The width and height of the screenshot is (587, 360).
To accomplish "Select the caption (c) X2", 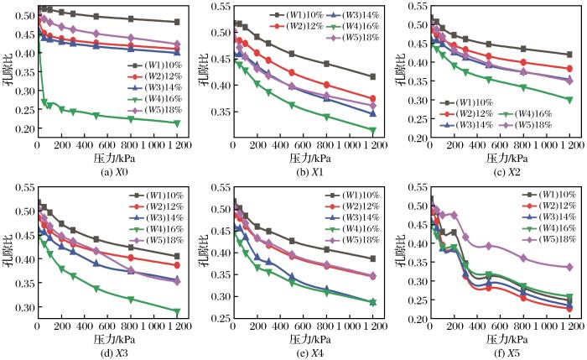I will point(497,171).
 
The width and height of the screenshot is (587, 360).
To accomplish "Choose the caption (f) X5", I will point(497,352).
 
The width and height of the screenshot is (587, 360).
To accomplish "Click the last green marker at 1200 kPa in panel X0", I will point(175,123).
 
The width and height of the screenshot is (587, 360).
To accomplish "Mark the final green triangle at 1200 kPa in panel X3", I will point(175,312).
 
